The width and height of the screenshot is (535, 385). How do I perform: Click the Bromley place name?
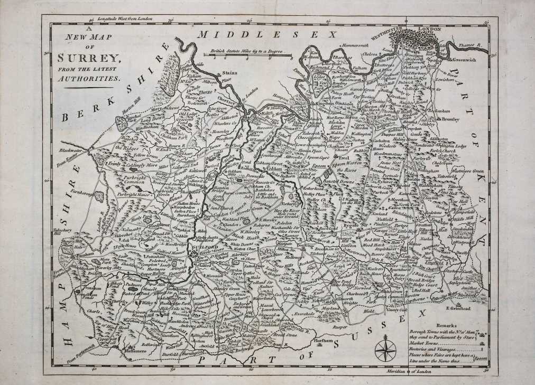coord(451,119)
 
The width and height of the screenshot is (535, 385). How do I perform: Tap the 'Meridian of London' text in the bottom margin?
coord(406,373)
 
